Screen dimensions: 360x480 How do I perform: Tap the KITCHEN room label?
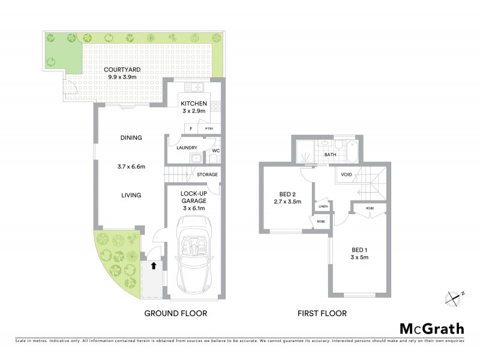coord(194,103)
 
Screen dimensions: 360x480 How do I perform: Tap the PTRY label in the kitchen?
coord(209,128)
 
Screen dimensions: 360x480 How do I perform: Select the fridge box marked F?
coord(191,128)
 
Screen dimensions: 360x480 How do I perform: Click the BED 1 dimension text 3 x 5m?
coord(360,257)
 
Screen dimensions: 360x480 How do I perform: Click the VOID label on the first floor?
coord(346,175)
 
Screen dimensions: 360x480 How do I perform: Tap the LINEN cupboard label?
coord(323,206)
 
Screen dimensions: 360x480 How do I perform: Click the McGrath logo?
coord(431,328)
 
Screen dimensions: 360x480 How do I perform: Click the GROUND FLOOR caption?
coord(176,313)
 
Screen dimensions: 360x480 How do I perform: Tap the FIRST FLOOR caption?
coord(322,313)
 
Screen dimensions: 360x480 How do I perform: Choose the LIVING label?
coord(130,195)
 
